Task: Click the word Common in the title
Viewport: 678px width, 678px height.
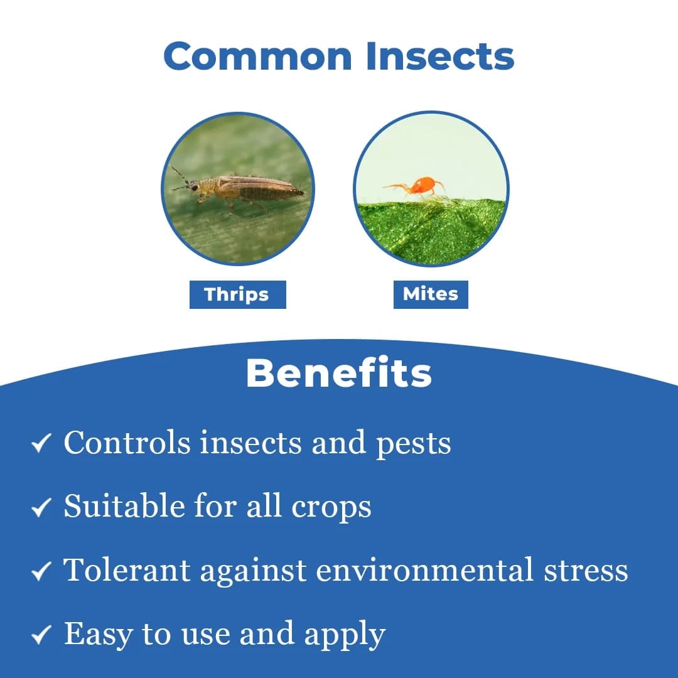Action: [258, 56]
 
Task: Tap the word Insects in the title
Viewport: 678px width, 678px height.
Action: [440, 56]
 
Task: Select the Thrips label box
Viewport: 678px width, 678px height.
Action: [237, 294]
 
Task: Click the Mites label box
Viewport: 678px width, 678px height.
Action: [431, 294]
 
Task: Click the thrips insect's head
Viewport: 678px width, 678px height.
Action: [193, 186]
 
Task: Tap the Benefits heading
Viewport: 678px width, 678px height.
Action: [339, 374]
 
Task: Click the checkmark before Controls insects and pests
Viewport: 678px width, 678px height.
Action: [41, 444]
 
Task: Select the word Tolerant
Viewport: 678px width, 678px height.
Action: [127, 570]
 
